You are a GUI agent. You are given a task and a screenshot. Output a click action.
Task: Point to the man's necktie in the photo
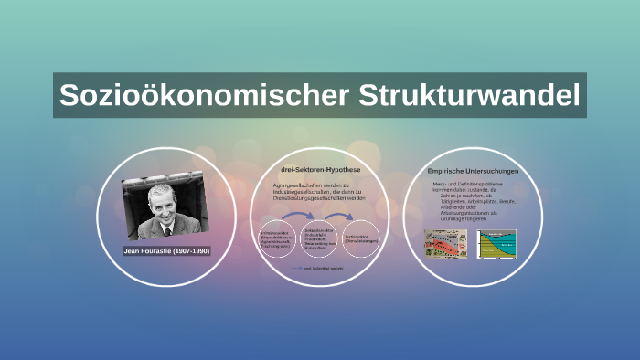click(x=167, y=229)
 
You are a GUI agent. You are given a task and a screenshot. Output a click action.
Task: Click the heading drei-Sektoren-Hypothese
click(x=321, y=170)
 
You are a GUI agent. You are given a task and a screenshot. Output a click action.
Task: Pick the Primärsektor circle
click(x=276, y=240)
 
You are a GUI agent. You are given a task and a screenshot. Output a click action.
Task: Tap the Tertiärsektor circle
click(x=362, y=239)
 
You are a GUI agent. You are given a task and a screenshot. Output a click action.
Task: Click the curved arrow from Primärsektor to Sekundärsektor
click(x=297, y=217)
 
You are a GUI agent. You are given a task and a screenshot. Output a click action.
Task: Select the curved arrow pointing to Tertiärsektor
click(x=341, y=217)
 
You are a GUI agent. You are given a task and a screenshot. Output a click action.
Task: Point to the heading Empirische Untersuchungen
click(x=473, y=171)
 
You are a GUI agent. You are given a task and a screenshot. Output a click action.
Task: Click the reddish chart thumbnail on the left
click(x=444, y=243)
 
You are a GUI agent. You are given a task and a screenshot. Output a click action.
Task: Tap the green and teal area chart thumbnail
click(x=496, y=243)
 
